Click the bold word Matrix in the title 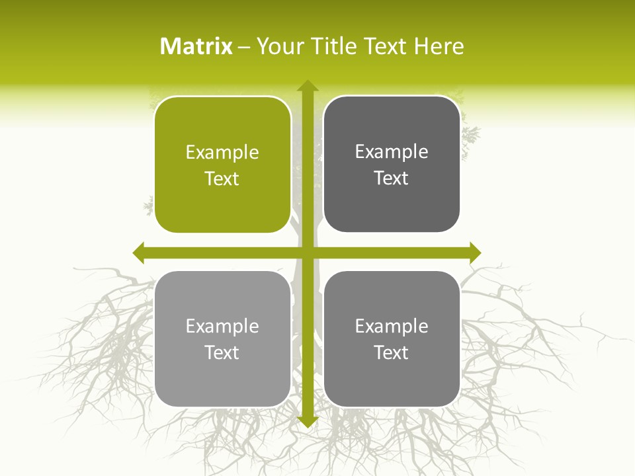pos(196,46)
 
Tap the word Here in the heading pos(439,46)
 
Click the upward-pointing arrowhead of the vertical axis pos(307,86)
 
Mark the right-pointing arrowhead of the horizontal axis pos(474,253)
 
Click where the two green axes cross pos(307,253)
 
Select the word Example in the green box pos(222,153)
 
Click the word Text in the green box pos(222,179)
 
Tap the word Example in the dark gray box pos(392,152)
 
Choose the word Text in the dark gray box pos(392,178)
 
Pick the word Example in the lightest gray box pos(222,326)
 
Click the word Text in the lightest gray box pos(222,352)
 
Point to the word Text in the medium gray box pos(392,352)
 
